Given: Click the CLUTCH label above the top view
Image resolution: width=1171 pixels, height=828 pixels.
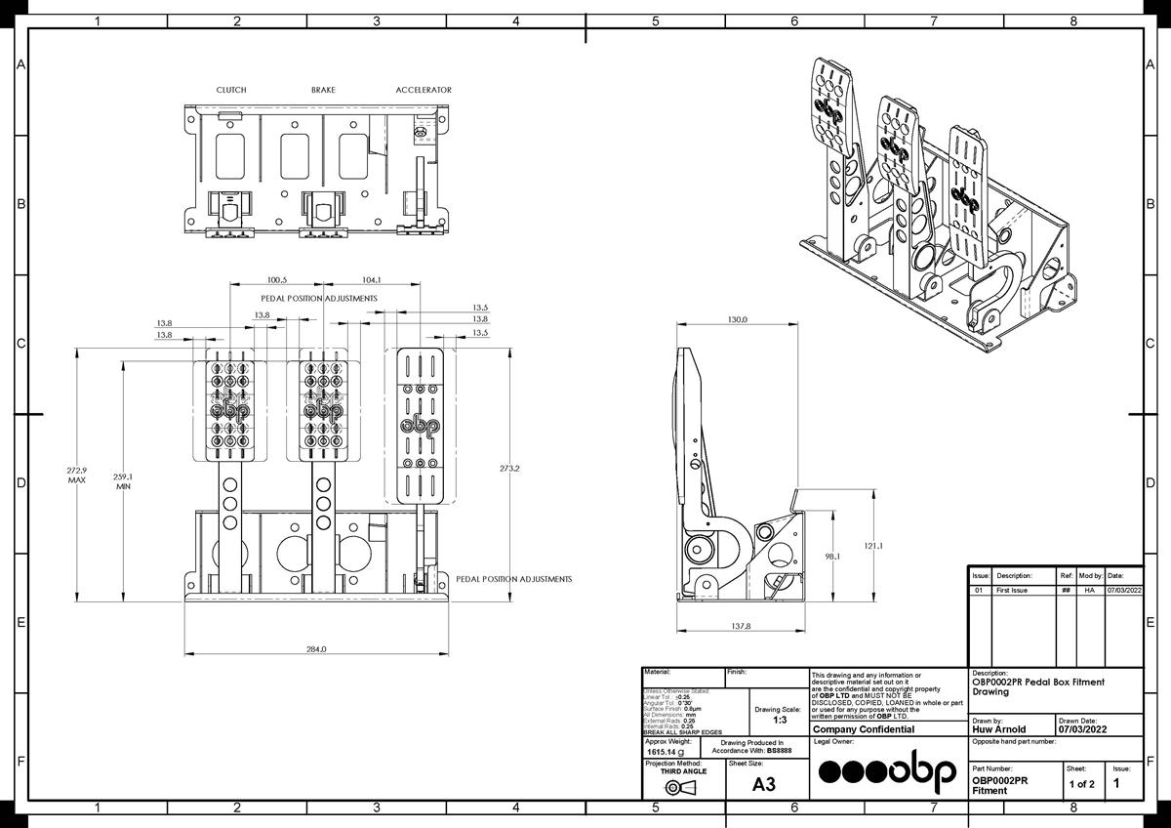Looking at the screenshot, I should tap(231, 90).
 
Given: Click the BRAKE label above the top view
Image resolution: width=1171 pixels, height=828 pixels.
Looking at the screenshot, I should tap(323, 90).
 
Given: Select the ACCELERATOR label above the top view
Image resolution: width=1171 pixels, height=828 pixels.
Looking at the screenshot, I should tap(424, 90).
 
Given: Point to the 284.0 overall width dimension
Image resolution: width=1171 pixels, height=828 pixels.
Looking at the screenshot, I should tap(316, 649).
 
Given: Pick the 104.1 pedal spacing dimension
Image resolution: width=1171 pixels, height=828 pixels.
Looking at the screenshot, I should tap(370, 280).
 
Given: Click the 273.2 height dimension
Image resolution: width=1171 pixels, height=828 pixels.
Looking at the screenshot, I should tap(509, 469).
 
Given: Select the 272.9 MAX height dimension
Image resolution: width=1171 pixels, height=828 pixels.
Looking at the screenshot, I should tap(76, 476).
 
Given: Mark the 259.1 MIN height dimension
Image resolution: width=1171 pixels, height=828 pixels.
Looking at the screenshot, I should tap(124, 481).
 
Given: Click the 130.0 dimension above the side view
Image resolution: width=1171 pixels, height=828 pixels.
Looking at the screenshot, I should tap(737, 319).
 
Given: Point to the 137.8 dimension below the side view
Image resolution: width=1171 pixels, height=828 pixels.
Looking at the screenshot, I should tap(741, 626).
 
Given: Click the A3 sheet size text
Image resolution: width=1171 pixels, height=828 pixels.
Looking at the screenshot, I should tap(765, 784).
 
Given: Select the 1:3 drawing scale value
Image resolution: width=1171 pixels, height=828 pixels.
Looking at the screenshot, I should tap(780, 720).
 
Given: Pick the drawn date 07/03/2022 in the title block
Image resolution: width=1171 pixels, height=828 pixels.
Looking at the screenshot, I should tap(1083, 729).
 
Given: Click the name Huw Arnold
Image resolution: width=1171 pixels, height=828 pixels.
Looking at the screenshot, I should tap(999, 729).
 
